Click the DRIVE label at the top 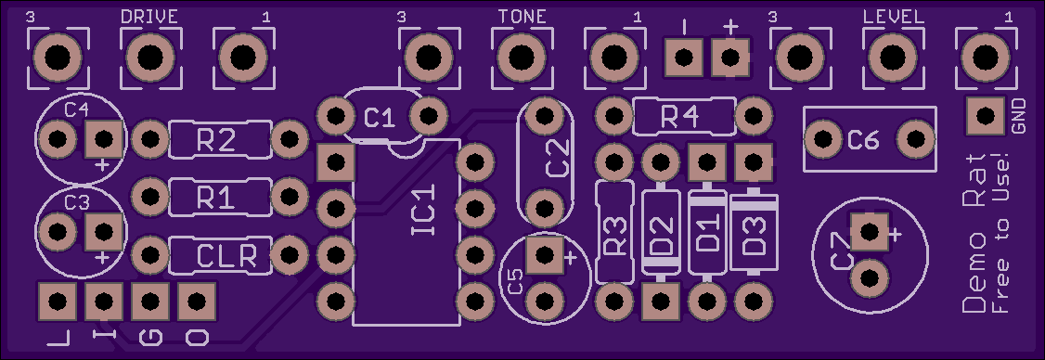149,17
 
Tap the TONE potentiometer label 522,17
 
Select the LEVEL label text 894,17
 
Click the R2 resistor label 216,140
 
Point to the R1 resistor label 216,198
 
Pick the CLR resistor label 227,255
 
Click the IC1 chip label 424,212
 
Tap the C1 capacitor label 381,118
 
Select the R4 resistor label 679,118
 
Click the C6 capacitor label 864,140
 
